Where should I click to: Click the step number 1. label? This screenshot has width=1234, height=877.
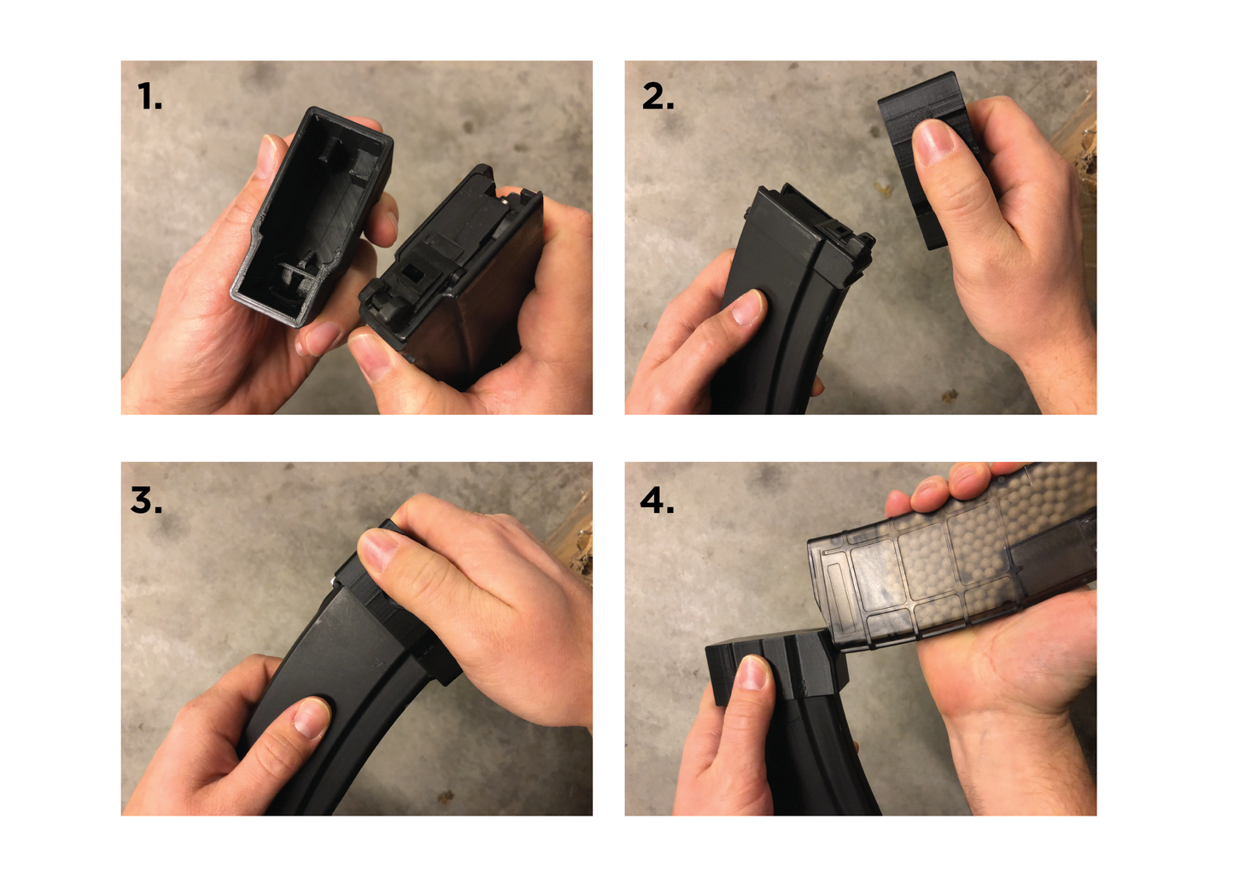[x=149, y=97]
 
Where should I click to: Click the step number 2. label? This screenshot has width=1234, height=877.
[x=658, y=97]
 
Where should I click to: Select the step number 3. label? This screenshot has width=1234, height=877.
[x=146, y=500]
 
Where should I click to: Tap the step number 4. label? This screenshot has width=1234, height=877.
[x=657, y=500]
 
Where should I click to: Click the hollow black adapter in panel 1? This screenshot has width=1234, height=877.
[x=312, y=213]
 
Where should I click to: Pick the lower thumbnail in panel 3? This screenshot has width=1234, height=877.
[x=311, y=717]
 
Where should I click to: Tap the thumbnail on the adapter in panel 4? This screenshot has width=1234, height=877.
[x=754, y=673]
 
